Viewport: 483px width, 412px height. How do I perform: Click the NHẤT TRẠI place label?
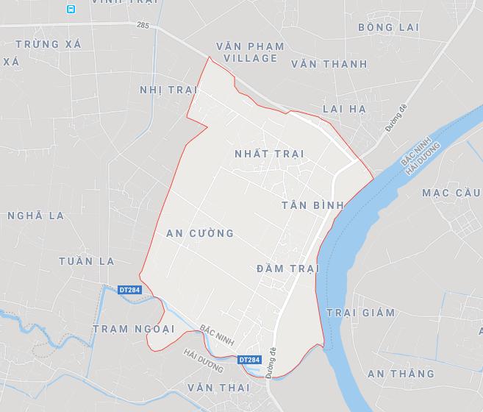[x=268, y=154]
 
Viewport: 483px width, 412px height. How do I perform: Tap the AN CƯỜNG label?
[x=200, y=233]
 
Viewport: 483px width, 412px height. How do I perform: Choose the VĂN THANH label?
[x=329, y=64]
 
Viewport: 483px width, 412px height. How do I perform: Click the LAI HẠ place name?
[x=344, y=109]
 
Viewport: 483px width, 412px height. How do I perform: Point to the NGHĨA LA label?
[x=35, y=216]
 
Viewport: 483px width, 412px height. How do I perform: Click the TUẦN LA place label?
[x=87, y=261]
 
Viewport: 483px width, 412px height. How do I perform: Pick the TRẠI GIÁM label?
[x=360, y=313]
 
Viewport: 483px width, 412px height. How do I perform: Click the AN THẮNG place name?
[x=401, y=374]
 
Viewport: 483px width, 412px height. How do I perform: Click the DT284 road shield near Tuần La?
[x=129, y=290]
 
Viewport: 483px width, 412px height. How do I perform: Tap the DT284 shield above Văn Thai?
[x=249, y=359]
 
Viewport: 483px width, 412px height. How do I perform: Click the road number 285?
[x=142, y=25]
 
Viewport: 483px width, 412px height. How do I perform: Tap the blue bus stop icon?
[x=71, y=9]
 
